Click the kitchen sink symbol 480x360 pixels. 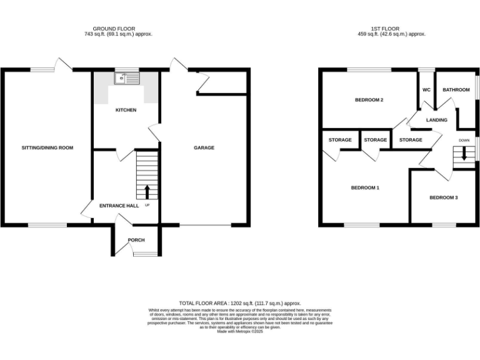(x=127, y=78)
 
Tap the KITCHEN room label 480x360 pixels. (x=126, y=110)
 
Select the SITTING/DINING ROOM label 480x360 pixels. (x=47, y=148)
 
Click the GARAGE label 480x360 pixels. (x=204, y=148)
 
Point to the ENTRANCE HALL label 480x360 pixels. (x=114, y=206)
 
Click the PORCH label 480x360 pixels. (x=136, y=240)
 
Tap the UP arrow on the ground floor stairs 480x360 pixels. (x=147, y=191)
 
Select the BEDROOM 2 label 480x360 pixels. (x=369, y=100)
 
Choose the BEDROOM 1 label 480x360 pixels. (x=365, y=187)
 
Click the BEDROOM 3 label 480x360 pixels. (x=443, y=197)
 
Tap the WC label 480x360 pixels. (x=426, y=90)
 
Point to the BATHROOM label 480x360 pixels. (x=456, y=90)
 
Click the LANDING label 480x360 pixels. (x=437, y=120)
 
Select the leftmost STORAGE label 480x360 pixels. (x=340, y=140)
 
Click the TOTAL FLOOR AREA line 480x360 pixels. (x=240, y=302)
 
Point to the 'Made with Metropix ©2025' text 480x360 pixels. (x=240, y=331)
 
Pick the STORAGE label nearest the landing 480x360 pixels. (x=411, y=140)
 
